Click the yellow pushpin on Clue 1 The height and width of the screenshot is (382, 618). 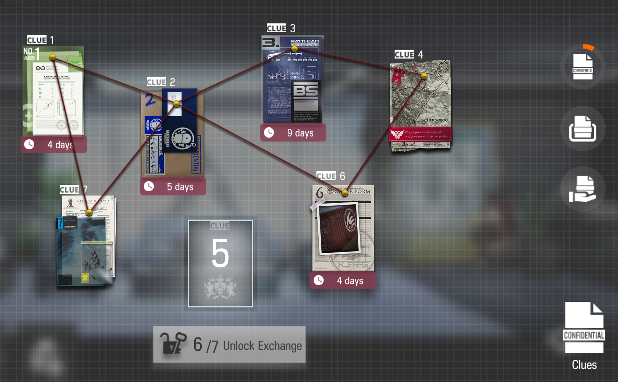(x=53, y=57)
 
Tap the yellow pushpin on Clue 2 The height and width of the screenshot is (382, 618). (x=177, y=104)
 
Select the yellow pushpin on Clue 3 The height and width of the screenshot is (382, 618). (x=294, y=49)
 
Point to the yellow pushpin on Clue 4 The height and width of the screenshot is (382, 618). (x=424, y=76)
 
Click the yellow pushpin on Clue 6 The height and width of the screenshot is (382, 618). (x=345, y=193)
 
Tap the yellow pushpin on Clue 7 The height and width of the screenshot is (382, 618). (x=89, y=212)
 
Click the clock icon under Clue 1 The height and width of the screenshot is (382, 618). (x=29, y=144)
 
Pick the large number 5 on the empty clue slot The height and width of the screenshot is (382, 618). (x=220, y=253)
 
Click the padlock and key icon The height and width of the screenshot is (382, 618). (x=173, y=344)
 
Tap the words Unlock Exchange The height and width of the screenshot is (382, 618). (x=262, y=346)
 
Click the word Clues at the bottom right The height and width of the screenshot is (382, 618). (x=584, y=365)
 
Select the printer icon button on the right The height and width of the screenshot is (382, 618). (x=582, y=129)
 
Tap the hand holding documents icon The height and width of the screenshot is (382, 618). (x=582, y=189)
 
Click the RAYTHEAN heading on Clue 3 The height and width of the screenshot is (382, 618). (x=305, y=41)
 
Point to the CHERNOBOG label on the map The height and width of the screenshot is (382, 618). (x=436, y=120)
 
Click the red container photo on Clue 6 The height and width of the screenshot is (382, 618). (x=339, y=229)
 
